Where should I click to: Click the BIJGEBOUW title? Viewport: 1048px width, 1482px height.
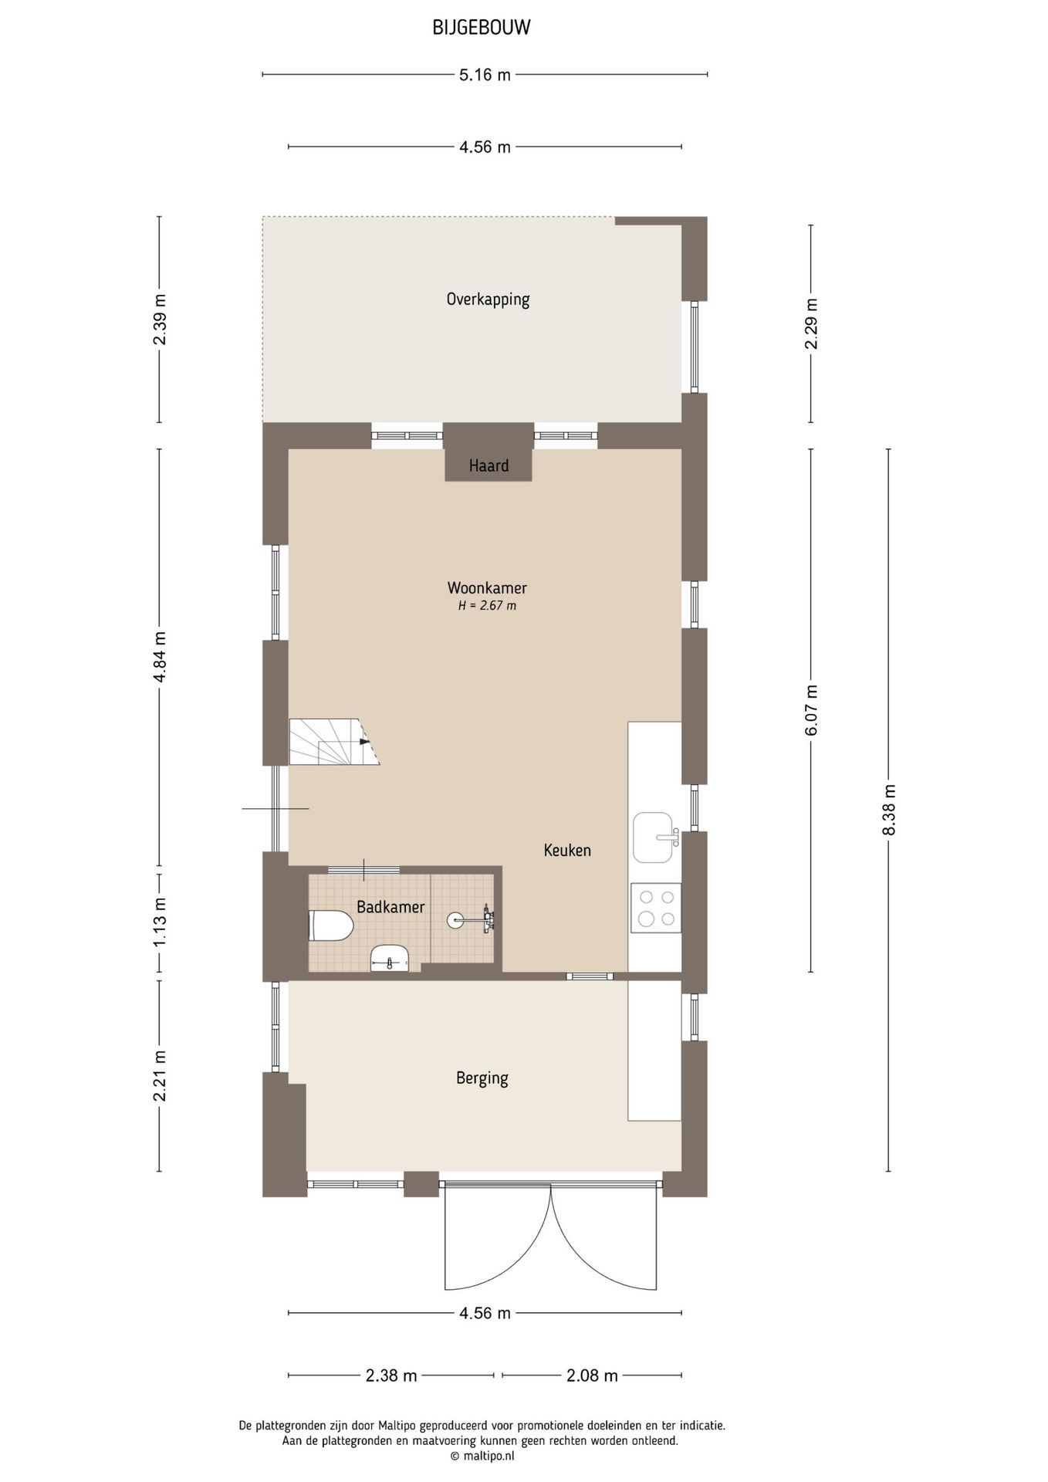482,28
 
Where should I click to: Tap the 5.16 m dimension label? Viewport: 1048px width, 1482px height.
485,75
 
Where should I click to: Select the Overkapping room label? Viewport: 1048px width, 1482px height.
488,299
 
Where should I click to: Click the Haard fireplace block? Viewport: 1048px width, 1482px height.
489,464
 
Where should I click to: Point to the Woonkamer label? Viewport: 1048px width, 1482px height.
487,588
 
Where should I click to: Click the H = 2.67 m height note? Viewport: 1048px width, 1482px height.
487,606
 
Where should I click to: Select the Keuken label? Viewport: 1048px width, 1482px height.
567,851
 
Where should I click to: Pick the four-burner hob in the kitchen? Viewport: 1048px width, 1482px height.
656,908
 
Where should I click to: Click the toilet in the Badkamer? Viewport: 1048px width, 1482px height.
331,925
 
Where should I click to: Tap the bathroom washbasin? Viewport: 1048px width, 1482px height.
390,959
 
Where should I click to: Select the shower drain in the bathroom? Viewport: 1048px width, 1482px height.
455,919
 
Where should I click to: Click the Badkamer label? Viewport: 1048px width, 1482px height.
390,907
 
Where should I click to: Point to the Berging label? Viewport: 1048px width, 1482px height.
482,1078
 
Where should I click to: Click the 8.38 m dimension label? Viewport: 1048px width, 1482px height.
889,810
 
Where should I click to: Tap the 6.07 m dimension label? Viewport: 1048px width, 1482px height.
811,710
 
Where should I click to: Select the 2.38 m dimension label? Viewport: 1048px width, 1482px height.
391,1375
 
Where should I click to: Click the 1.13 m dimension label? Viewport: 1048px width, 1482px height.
160,922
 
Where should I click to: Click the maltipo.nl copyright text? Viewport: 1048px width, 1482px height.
482,1457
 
